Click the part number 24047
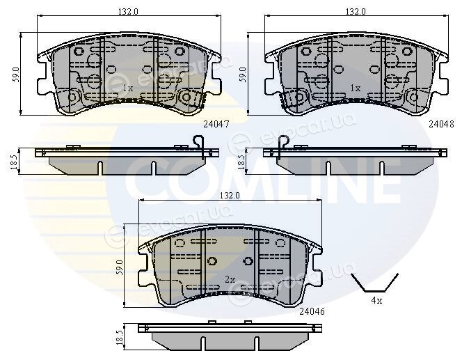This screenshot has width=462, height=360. (x=216, y=125)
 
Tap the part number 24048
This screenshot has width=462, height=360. (x=441, y=125)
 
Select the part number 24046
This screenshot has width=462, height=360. (x=312, y=311)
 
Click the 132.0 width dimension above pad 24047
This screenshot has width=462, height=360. (x=128, y=12)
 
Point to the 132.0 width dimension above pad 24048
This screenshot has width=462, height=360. (x=356, y=12)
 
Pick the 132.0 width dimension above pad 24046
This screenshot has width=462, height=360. (x=230, y=195)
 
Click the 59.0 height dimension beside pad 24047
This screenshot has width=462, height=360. (x=15, y=74)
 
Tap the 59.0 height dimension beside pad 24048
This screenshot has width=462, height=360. (x=242, y=74)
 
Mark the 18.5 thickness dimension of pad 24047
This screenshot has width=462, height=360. (x=13, y=162)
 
